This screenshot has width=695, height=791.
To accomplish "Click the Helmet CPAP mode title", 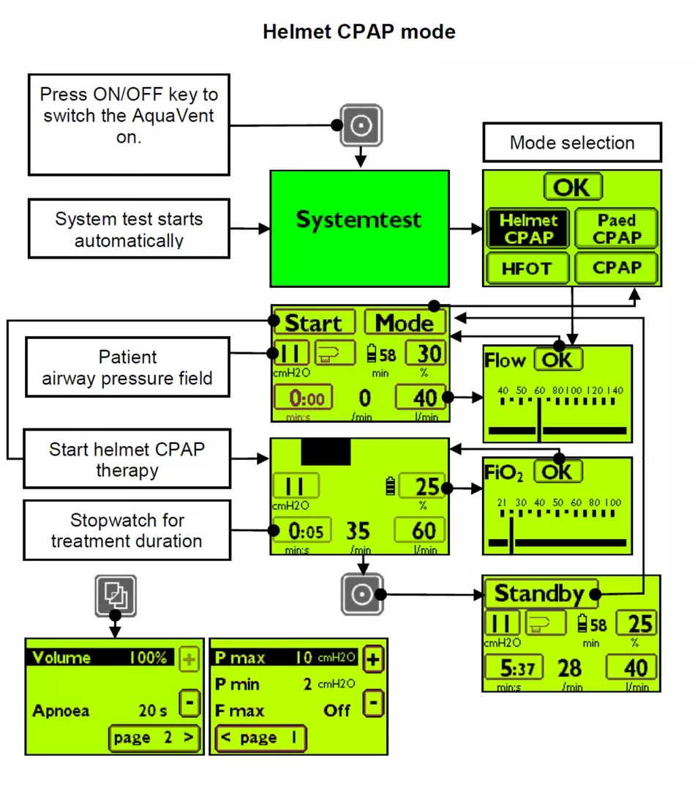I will pos(358,32).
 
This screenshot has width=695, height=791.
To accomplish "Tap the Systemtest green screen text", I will pos(358,220).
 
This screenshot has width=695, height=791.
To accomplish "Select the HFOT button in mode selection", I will pos(526,269).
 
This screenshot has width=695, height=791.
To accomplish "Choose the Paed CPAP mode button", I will pos(617,229).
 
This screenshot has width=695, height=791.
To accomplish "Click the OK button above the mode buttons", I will pos(572,187).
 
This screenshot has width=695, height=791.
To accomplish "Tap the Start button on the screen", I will pos(313,323).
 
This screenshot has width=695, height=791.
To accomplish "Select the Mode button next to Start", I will pos(405,323).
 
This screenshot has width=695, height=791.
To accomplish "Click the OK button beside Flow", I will pos(559,360).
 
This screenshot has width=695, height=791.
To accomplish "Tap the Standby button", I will pos(539,594).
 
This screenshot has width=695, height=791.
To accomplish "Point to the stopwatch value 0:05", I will pos(300,530).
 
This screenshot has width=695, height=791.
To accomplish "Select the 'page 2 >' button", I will pos(154,738).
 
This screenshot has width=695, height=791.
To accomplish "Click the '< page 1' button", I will pos(260,738).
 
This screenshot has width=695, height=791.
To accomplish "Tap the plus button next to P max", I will pos(373,658).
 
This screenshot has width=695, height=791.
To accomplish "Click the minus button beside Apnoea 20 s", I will pos(189,704).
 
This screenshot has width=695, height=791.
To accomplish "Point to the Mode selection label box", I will pos(572,142).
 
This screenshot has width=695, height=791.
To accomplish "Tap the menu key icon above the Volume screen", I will pos(115,594).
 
